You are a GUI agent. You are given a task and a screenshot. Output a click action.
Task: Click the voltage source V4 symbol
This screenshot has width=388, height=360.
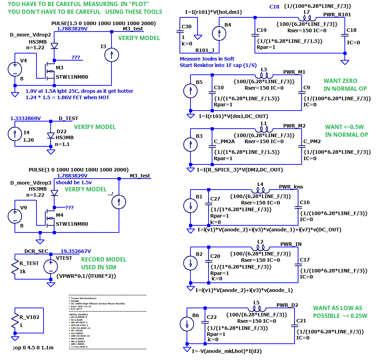click(x=15, y=69)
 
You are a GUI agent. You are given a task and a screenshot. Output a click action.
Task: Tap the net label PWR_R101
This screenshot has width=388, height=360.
click(x=337, y=14)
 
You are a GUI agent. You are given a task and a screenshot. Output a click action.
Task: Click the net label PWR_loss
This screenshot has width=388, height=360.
click(x=291, y=186)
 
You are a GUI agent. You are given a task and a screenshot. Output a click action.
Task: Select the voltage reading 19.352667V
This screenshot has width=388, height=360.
click(x=76, y=251)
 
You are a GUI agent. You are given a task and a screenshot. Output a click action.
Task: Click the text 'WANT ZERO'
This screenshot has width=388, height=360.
click(x=340, y=81)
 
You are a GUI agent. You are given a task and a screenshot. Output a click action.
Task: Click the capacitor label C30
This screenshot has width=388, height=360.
click(x=187, y=27)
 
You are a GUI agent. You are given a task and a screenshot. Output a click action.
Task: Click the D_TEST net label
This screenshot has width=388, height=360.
click(x=68, y=118)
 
